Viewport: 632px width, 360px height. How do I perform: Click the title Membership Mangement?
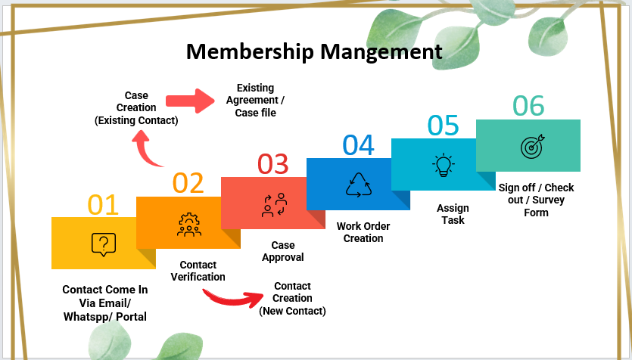coord(314,51)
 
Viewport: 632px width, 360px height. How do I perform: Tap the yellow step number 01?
coord(103,205)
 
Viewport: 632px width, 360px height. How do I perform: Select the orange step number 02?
coord(188,183)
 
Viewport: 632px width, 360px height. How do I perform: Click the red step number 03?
coord(272,164)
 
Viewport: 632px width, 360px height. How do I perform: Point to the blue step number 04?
coord(358,145)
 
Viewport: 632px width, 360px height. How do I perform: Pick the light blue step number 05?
coord(443,126)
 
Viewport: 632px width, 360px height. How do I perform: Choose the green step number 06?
coord(528,106)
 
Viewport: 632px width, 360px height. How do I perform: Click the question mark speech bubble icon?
coord(103,244)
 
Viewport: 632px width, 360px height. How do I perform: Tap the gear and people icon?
coord(188,224)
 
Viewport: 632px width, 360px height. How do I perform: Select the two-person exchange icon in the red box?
coord(274,205)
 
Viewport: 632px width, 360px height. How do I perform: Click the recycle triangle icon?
coord(359,185)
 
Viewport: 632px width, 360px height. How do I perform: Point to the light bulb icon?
coord(443,165)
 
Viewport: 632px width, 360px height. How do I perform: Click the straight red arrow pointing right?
coord(191,101)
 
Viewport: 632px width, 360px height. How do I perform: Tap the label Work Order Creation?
coord(363,231)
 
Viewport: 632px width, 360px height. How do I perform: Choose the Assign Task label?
coord(453,214)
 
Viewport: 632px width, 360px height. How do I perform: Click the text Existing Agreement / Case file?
coord(255,101)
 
